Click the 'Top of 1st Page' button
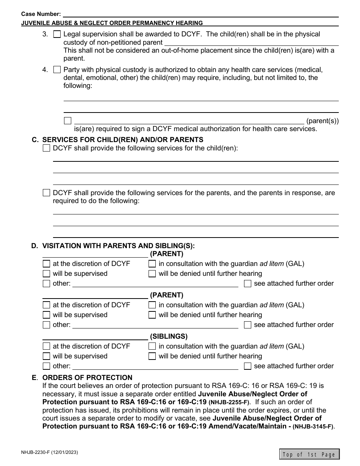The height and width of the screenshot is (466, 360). tap(309, 454)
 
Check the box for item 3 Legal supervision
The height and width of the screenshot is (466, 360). tap(57, 34)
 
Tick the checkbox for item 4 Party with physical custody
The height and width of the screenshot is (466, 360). tap(57, 70)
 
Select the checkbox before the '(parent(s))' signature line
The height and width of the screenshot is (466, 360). tap(68, 121)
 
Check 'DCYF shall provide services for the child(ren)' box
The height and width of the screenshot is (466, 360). tap(46, 148)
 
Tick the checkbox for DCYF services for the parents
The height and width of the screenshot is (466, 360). tap(46, 193)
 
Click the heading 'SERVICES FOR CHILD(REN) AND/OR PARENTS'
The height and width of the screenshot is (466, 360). tap(123, 140)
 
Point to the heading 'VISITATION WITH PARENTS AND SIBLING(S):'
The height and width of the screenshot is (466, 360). tap(118, 246)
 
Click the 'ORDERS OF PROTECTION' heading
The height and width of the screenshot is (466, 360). tap(87, 378)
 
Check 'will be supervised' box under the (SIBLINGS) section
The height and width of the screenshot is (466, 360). tap(46, 356)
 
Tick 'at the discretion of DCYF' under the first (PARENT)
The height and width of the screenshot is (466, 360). tap(46, 263)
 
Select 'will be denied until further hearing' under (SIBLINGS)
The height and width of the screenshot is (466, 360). tap(152, 356)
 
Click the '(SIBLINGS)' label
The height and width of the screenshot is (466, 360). tap(169, 336)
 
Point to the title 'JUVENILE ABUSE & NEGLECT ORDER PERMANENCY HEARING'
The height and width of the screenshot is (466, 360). tap(112, 23)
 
